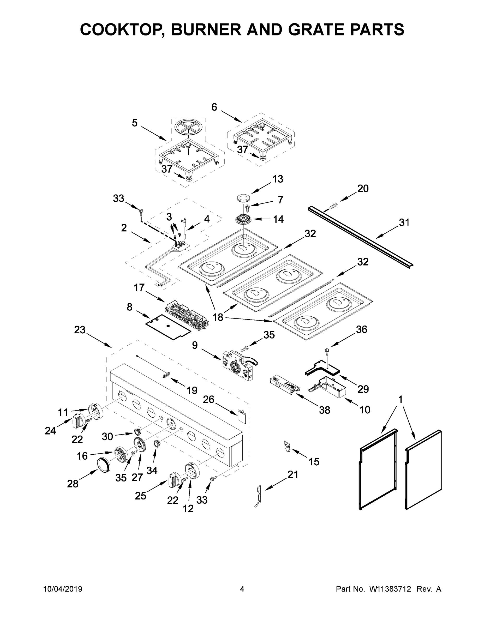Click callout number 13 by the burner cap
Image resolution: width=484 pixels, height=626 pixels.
pos(278,179)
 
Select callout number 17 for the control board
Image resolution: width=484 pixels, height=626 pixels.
pos(139,287)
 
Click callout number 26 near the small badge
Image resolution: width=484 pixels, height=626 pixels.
pos(209,399)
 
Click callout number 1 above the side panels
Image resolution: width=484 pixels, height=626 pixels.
pos(400,400)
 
